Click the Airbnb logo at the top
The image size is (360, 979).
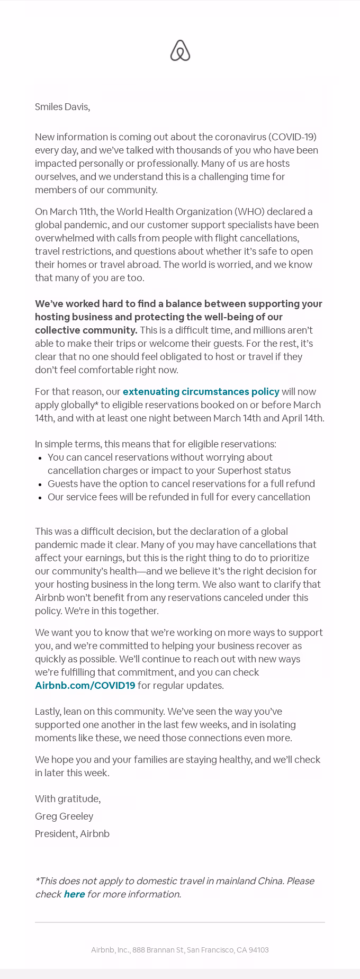[x=180, y=50]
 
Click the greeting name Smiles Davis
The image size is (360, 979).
[x=62, y=107]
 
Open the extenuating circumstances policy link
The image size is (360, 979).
[x=201, y=392]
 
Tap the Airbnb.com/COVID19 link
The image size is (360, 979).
[x=85, y=686]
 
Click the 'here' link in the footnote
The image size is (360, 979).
[x=74, y=894]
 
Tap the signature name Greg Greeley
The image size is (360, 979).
[x=64, y=816]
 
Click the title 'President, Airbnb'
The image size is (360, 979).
[x=72, y=834]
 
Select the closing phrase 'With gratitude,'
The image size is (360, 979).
[x=68, y=799]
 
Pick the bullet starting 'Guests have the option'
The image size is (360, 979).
[x=181, y=484]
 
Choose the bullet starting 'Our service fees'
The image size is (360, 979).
[x=178, y=497]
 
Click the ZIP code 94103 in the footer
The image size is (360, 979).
[x=258, y=950]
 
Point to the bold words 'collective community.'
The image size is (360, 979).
[x=86, y=330]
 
